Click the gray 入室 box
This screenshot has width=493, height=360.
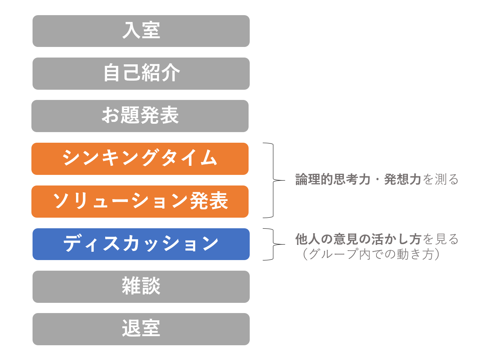tap(141, 31)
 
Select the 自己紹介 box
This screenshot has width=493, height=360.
tap(141, 73)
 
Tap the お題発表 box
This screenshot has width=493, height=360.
tap(140, 116)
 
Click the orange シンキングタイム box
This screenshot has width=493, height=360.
tap(140, 159)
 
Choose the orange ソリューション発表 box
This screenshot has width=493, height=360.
tap(140, 201)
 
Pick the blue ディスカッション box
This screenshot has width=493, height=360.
tap(141, 244)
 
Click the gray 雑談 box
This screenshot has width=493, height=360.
tap(141, 287)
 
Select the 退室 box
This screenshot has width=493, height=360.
tap(141, 329)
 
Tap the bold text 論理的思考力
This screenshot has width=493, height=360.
tap(333, 179)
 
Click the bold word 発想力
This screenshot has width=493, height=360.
tap(403, 179)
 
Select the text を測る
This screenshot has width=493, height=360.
tap(440, 179)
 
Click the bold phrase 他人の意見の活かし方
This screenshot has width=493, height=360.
tap(358, 239)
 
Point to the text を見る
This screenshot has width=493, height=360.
tap(440, 239)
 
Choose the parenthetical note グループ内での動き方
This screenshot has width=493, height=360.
tap(371, 254)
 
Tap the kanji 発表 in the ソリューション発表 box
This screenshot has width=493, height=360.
tap(208, 201)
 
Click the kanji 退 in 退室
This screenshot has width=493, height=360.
tap(131, 328)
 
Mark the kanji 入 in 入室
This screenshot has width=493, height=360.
tap(131, 30)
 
